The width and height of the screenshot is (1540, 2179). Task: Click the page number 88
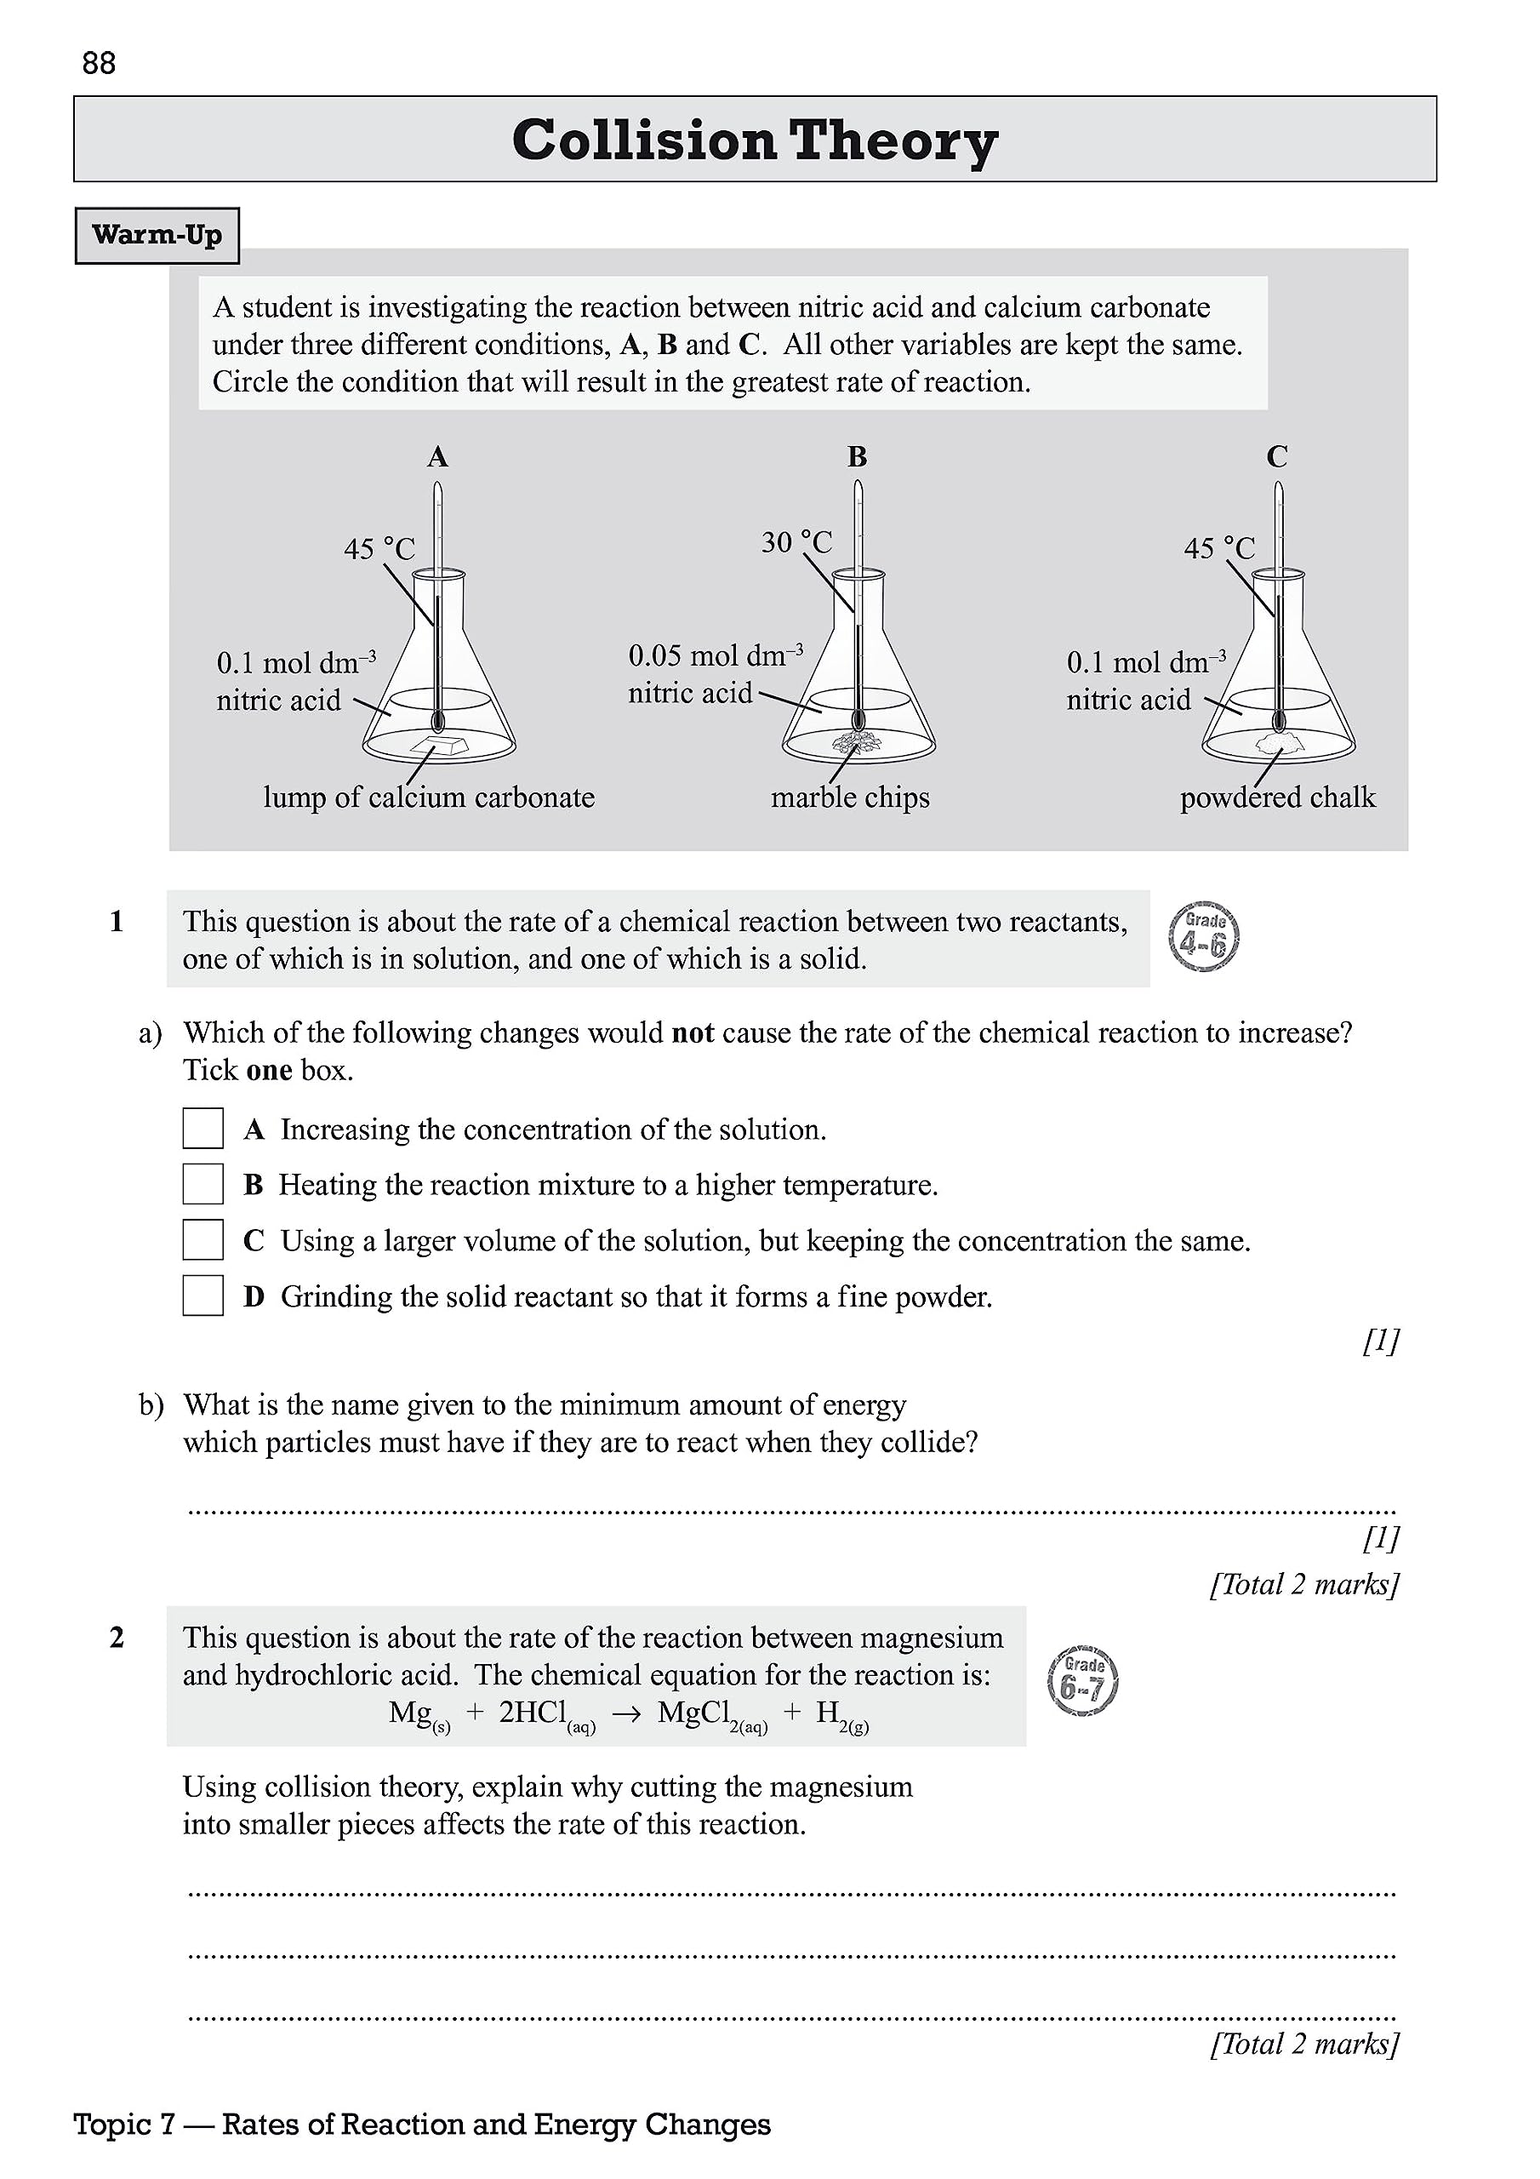pos(99,64)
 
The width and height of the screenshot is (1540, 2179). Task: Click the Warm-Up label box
pos(157,236)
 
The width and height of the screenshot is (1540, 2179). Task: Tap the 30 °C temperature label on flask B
pos(796,543)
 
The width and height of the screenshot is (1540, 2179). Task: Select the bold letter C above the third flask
pos(1276,457)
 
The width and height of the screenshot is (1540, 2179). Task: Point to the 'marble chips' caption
pos(849,798)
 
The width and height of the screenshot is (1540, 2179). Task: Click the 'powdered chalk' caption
pos(1277,798)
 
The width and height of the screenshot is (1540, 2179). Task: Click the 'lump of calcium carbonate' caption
pos(429,798)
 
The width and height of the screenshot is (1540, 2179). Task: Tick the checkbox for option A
pos(203,1129)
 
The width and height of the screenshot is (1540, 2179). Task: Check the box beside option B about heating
pos(203,1184)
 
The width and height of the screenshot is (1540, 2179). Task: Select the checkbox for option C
pos(203,1239)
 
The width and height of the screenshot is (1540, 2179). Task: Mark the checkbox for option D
pos(203,1295)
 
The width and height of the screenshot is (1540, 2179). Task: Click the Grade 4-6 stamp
pos(1204,936)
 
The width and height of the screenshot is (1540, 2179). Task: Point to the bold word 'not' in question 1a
pos(693,1032)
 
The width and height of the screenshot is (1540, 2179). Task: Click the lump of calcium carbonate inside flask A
pos(437,745)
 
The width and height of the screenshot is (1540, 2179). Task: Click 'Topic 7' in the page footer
pos(124,2124)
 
